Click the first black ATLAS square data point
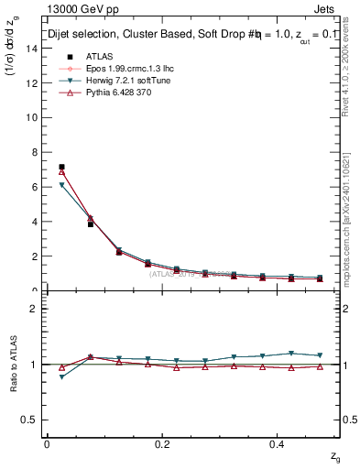pyautogui.click(x=61, y=167)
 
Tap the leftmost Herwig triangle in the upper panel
pyautogui.click(x=61, y=185)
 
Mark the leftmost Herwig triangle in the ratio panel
pyautogui.click(x=61, y=377)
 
